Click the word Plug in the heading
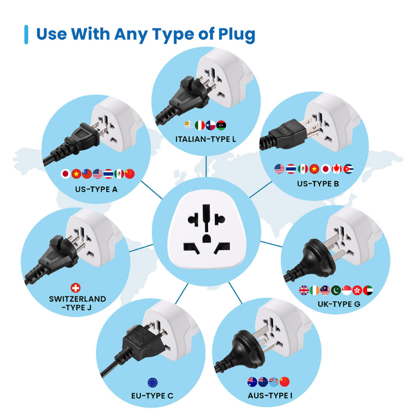pos(231,34)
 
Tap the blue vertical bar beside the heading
pos(26,34)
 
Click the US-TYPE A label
pos(96,190)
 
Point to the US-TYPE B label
pos(314,184)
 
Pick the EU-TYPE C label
pos(153,395)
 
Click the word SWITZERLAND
pos(77,298)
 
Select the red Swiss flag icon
pos(76,287)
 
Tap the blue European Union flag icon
pos(153,382)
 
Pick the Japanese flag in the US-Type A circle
pos(66,174)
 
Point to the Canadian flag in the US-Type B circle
pos(337,169)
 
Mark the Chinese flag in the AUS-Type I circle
pos(284,382)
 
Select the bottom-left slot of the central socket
pos(189,246)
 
